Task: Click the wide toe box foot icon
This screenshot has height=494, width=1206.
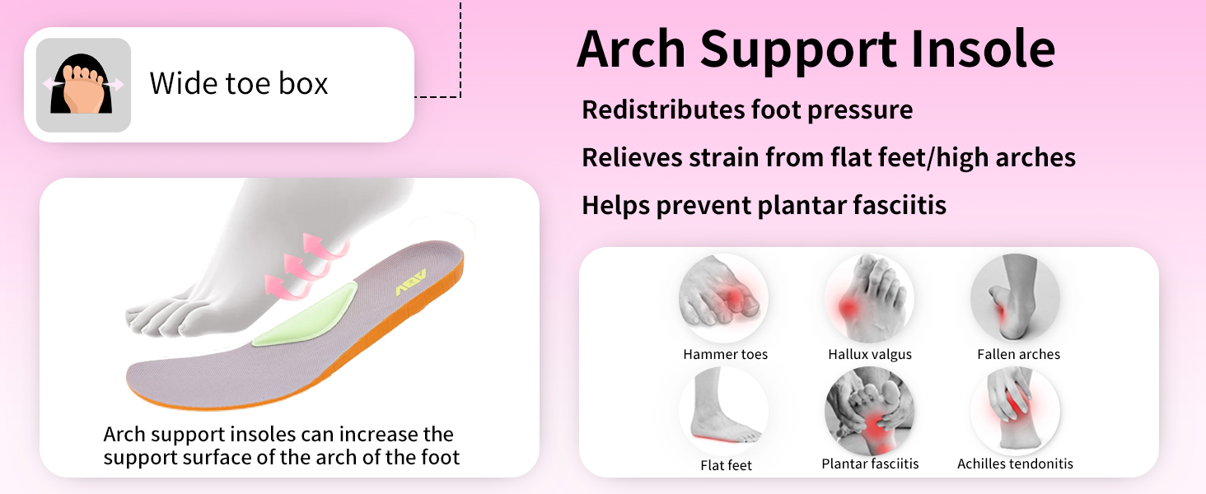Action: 83,85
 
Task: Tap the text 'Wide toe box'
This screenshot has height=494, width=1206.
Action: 239,84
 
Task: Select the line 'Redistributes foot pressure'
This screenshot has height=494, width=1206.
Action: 747,110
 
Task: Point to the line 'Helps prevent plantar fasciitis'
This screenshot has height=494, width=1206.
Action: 764,206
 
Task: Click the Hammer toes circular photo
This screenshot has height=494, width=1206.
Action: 723,299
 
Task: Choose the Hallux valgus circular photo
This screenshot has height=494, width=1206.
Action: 870,299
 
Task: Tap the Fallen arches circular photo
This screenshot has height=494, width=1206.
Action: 1016,299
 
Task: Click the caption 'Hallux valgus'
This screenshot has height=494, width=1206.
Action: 870,355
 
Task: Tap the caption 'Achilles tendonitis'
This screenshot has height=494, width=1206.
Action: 1016,464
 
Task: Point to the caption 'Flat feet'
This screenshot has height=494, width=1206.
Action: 726,465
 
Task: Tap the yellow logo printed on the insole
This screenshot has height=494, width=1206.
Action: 411,282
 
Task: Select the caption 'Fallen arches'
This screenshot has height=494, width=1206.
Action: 1019,355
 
